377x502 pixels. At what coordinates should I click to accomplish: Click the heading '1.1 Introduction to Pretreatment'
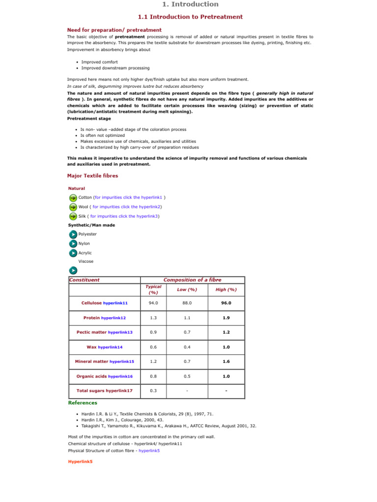point(190,17)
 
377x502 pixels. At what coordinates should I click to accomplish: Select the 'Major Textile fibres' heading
point(92,176)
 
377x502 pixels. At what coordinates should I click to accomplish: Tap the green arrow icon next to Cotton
point(73,198)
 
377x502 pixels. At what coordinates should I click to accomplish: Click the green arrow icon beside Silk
point(73,216)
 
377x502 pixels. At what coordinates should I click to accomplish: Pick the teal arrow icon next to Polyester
point(73,234)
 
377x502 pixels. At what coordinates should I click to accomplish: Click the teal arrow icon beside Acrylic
point(73,253)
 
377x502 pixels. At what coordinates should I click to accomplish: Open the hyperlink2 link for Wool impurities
point(119,207)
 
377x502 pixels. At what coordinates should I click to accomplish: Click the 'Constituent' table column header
point(84,280)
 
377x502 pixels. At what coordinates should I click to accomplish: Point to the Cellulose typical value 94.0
point(153,303)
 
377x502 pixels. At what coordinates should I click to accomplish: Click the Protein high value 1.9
point(226,318)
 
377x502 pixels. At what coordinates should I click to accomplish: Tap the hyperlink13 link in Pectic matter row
point(120,332)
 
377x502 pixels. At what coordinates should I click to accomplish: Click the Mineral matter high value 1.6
point(226,361)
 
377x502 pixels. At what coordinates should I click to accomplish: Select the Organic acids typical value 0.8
point(153,376)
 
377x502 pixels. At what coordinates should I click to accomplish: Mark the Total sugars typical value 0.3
point(153,391)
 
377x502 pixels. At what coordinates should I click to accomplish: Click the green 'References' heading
point(82,402)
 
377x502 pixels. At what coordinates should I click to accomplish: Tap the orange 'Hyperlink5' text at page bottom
point(80,461)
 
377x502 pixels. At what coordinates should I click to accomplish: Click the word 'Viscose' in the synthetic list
point(86,261)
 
